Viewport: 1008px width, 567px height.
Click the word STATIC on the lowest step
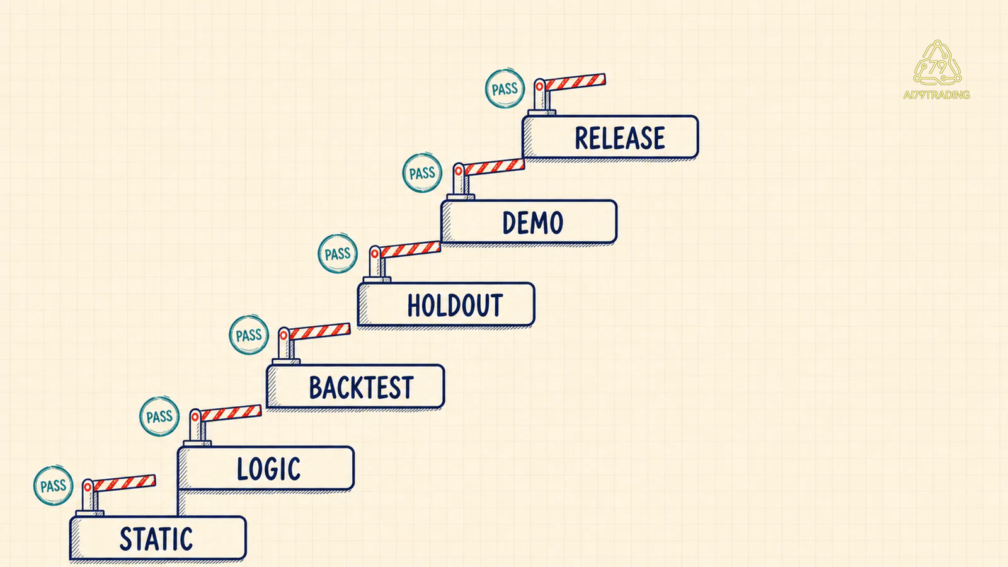tap(156, 539)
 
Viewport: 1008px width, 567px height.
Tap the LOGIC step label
tap(268, 469)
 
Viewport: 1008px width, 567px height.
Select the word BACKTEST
tap(361, 387)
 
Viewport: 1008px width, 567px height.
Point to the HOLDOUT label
tap(455, 305)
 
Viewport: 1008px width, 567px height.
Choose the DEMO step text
tap(532, 222)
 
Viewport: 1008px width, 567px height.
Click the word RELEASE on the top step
tap(620, 138)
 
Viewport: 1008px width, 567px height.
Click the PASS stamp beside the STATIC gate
tap(53, 486)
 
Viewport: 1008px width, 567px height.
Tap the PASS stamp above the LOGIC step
tap(159, 416)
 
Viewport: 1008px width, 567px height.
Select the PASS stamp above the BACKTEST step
tap(249, 335)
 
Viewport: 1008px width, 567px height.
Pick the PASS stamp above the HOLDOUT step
tap(338, 254)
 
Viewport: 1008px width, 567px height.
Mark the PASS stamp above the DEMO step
tap(422, 173)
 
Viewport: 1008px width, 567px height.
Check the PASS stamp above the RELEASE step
tap(505, 89)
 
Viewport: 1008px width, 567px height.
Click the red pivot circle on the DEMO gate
tap(458, 171)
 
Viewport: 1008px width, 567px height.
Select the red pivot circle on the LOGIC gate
tap(195, 417)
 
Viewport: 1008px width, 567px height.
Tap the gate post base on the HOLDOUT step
tap(377, 280)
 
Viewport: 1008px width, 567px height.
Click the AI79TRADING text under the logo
tap(936, 95)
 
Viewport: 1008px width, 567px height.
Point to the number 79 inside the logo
tap(938, 67)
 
